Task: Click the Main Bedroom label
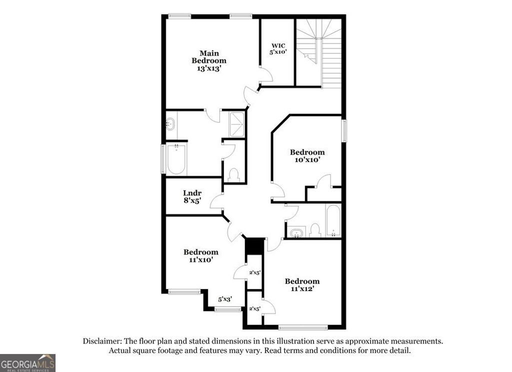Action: [x=209, y=60]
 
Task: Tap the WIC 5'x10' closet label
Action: [x=278, y=48]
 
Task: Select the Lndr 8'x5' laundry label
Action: [x=192, y=197]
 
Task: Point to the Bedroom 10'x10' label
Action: [x=307, y=156]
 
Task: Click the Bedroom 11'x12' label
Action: [x=302, y=285]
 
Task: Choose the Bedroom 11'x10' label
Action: [x=200, y=256]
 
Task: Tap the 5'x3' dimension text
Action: [x=225, y=299]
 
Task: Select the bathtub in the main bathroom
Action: [x=176, y=158]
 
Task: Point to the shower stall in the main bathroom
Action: [x=237, y=123]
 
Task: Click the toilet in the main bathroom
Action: [x=233, y=174]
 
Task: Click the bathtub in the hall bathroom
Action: [x=333, y=220]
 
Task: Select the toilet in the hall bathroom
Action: [x=314, y=230]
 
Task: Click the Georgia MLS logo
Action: [x=27, y=362]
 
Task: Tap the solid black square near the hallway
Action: [x=254, y=246]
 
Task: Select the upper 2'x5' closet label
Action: [x=254, y=273]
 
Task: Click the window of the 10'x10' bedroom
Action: [x=344, y=131]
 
